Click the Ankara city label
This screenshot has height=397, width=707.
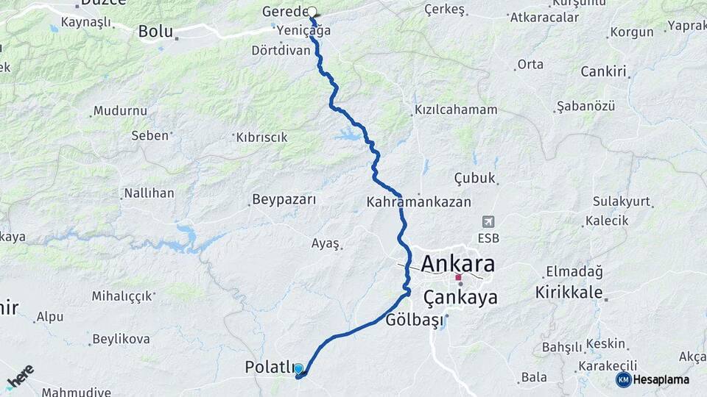pos(457,263)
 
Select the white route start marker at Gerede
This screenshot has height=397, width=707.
pos(312,12)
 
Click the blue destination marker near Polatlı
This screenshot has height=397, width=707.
pos(298,368)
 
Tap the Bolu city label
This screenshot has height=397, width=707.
pos(156,32)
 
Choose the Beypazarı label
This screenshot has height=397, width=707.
pos(284,199)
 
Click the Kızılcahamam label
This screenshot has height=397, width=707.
pos(456,110)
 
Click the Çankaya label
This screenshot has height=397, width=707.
pos(460,297)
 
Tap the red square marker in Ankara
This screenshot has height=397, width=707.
pos(457,278)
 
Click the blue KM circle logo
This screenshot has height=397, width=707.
pos(623,379)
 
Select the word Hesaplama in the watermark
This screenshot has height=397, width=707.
pos(661,379)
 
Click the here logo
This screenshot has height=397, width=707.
pos(20,376)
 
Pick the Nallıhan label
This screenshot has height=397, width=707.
pos(149,193)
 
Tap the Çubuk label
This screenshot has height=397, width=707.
pos(474,179)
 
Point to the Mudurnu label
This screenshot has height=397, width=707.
pos(120,111)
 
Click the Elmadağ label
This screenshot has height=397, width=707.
pos(574,272)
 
